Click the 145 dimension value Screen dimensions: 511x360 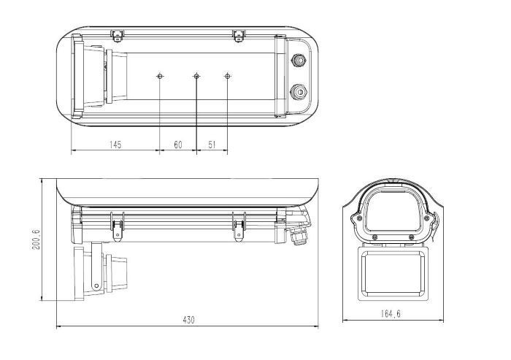click(x=115, y=145)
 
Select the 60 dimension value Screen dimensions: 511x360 click(x=178, y=145)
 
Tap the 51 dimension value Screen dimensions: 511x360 click(x=212, y=145)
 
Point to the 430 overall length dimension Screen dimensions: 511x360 click(x=188, y=320)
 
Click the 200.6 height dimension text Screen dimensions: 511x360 click(x=36, y=240)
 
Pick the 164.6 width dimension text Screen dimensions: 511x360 click(x=391, y=314)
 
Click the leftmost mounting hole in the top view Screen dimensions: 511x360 click(x=160, y=76)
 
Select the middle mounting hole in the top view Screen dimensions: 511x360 click(x=196, y=76)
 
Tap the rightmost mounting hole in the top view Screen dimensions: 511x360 click(x=228, y=76)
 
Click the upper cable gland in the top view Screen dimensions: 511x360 click(x=298, y=61)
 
